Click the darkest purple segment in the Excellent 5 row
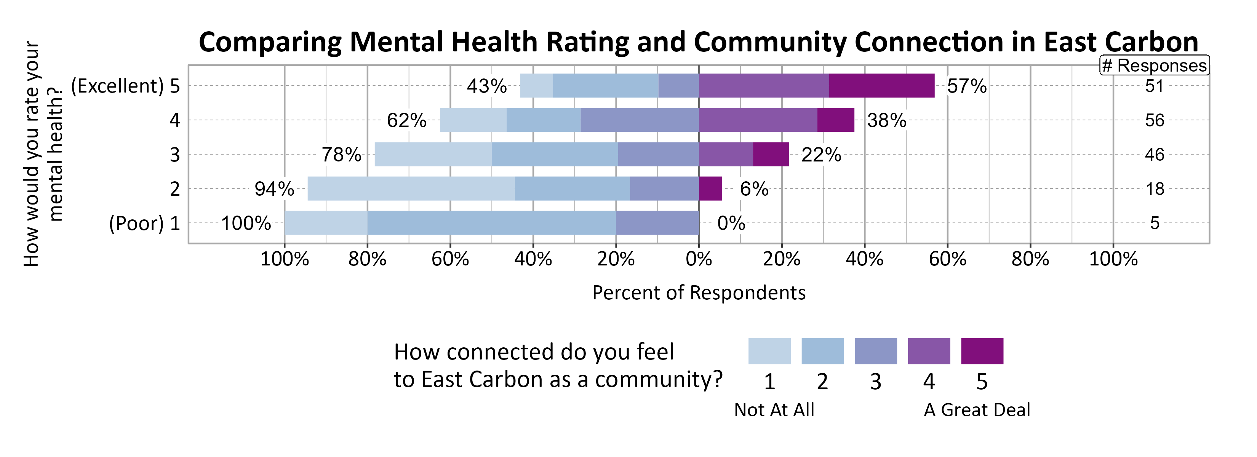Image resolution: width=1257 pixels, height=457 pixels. [x=881, y=86]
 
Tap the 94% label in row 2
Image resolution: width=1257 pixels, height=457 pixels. [x=274, y=189]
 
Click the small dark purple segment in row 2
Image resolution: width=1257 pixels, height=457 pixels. [x=710, y=189]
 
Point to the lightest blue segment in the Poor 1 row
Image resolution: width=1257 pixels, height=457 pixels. [x=326, y=223]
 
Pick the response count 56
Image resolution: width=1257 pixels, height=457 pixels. [x=1155, y=120]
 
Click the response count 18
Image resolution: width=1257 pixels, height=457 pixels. [x=1155, y=189]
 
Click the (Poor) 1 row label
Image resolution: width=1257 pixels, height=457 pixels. [x=144, y=224]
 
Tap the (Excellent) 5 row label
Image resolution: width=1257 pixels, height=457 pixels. [x=125, y=86]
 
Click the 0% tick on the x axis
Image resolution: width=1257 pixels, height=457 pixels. [x=698, y=259]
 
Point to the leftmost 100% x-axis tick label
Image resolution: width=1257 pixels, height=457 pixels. [x=285, y=259]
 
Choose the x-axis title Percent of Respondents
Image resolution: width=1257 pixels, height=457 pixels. [x=698, y=292]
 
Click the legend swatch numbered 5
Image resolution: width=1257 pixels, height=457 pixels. [x=982, y=351]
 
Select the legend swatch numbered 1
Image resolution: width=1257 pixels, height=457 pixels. [x=769, y=351]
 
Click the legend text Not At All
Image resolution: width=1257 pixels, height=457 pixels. [x=774, y=410]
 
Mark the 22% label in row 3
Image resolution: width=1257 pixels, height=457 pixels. [x=821, y=155]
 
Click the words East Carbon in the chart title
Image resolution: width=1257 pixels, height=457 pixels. [x=1120, y=42]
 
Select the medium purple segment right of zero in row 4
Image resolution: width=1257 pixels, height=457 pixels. [x=758, y=120]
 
